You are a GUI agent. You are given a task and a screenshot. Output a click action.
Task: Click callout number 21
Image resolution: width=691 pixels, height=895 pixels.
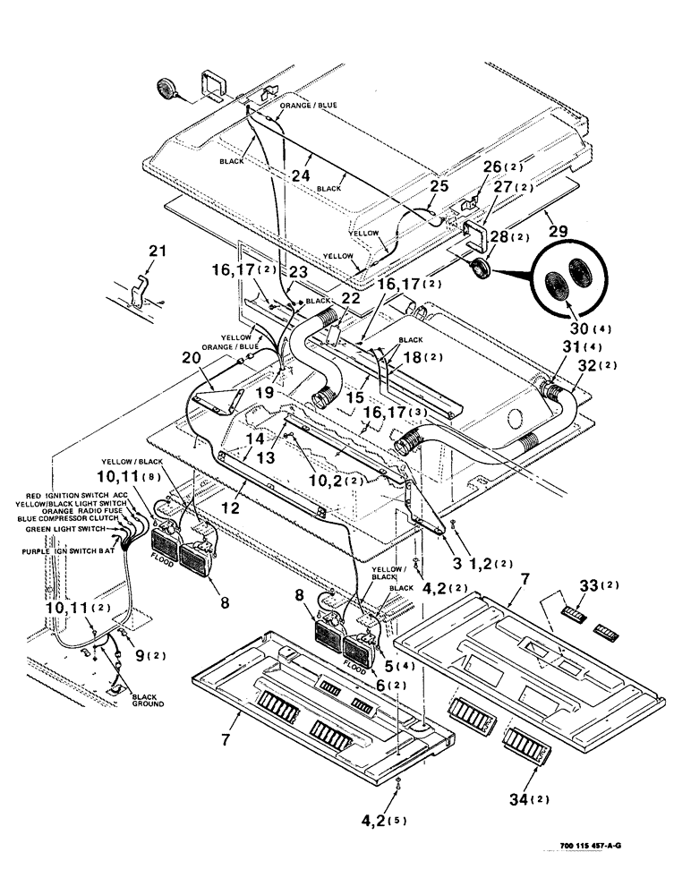157,253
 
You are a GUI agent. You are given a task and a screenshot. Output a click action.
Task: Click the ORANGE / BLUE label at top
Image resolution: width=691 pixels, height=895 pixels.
308,106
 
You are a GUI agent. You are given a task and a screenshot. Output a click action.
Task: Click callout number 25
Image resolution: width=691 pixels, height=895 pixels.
438,187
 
